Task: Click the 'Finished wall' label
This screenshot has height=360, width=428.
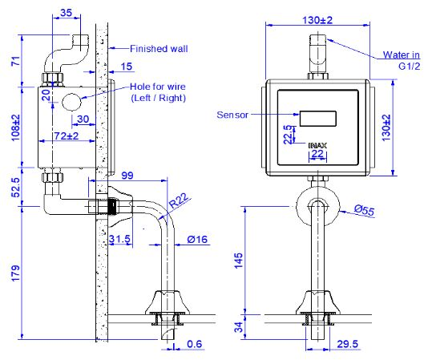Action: pos(159,48)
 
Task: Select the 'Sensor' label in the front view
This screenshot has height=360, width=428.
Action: pos(232,114)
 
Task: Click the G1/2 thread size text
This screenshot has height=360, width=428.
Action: pos(409,68)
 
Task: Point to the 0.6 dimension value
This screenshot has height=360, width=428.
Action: pos(194,346)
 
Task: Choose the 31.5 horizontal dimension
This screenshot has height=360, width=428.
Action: pos(120,240)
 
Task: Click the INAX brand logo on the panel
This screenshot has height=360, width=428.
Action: pos(318,145)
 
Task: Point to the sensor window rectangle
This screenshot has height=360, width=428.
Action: pos(318,117)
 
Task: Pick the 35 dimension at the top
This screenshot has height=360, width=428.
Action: pos(67,14)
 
